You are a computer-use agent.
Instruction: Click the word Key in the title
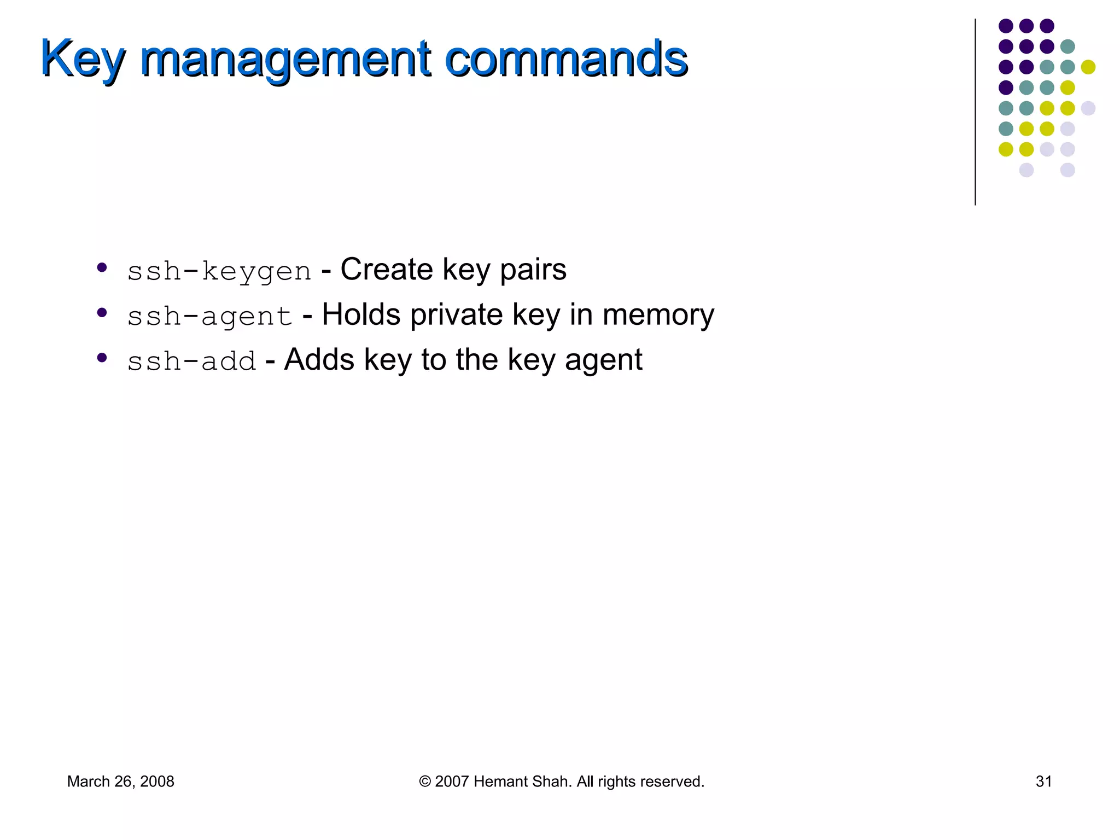tap(83, 59)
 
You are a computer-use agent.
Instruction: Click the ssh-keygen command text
tap(219, 271)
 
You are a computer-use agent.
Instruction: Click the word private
tap(456, 316)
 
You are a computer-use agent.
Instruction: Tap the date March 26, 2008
tap(120, 781)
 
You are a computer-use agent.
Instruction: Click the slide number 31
tap(1043, 781)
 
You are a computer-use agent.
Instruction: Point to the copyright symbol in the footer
tap(425, 781)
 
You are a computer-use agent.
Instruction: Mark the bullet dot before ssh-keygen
tap(102, 267)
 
